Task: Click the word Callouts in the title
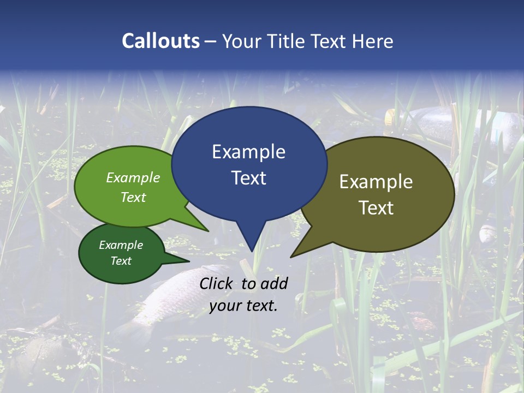click(x=160, y=41)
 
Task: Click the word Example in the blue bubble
click(x=248, y=152)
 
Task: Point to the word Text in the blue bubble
click(x=248, y=178)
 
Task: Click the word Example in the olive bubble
click(x=376, y=182)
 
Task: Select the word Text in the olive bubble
click(x=376, y=208)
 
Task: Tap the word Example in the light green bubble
click(x=133, y=177)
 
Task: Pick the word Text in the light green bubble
click(x=133, y=197)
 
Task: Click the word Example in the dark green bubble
click(x=121, y=245)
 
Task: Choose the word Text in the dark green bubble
click(x=121, y=261)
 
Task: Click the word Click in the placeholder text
click(x=217, y=283)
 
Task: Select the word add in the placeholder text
click(x=275, y=283)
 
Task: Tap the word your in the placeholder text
click(x=224, y=306)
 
